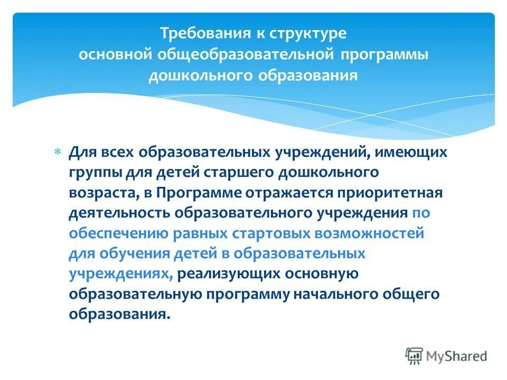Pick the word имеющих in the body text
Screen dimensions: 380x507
[x=415, y=153]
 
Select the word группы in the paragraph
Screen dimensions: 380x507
[x=94, y=173]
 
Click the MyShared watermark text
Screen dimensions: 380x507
[x=457, y=356]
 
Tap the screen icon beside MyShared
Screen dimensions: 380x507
[x=415, y=356]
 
